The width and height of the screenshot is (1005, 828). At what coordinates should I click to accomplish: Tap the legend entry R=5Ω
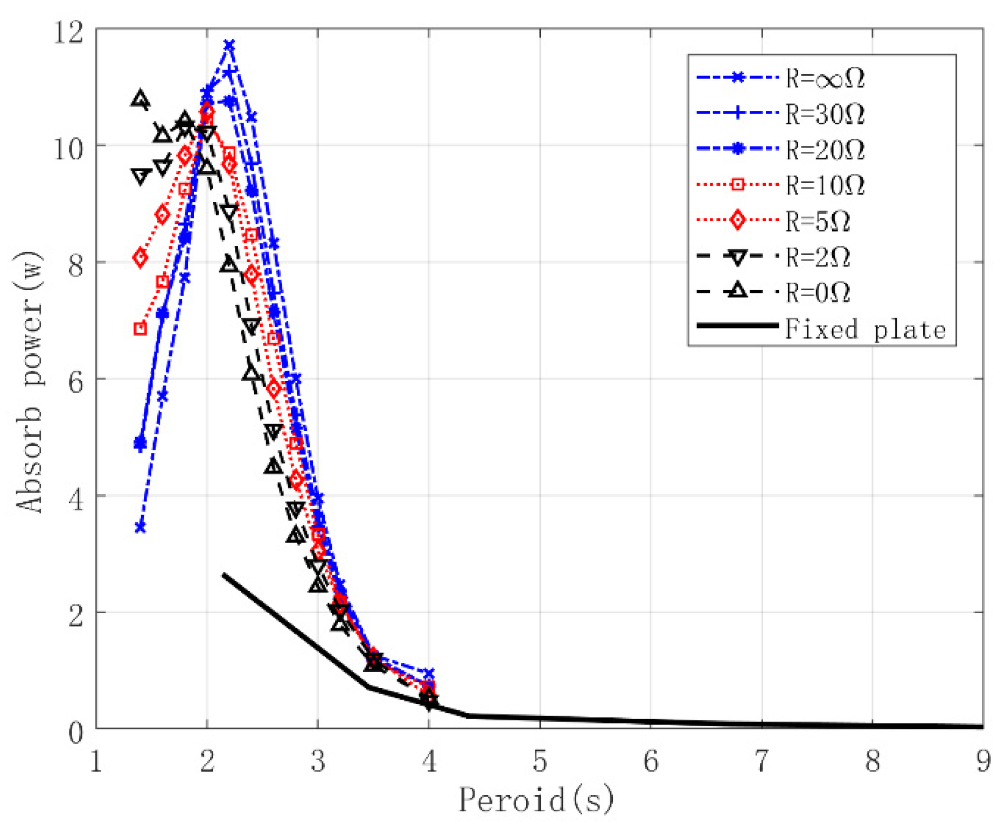(818, 221)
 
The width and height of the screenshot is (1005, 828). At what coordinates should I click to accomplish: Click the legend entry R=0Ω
(818, 293)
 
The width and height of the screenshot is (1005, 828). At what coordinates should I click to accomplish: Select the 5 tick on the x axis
(540, 761)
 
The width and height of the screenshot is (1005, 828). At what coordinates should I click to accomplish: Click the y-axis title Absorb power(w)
(28, 382)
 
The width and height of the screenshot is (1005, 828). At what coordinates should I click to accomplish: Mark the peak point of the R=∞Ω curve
(229, 45)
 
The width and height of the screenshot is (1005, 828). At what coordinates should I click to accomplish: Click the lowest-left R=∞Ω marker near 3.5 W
(141, 527)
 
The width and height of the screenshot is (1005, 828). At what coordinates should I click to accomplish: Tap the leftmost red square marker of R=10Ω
(140, 328)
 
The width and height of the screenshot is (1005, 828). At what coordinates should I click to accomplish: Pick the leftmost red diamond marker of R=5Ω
(141, 257)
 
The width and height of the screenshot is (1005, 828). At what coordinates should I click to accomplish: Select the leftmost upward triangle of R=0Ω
(141, 100)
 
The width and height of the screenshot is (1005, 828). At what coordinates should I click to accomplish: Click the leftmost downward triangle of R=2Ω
(141, 176)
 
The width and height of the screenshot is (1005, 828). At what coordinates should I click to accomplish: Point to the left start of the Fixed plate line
(224, 575)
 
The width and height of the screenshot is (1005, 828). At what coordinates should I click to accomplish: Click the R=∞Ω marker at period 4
(429, 673)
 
